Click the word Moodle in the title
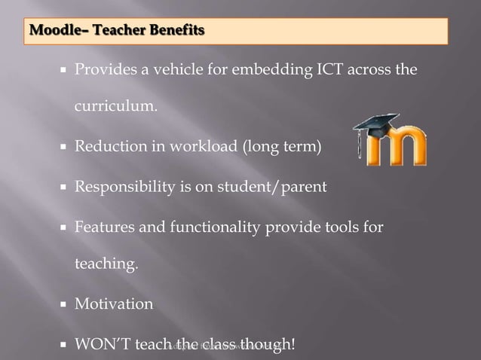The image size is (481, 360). tap(51, 32)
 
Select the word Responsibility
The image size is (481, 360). tap(123, 187)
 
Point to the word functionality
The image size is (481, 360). tap(207, 226)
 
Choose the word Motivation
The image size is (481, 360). tap(113, 304)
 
